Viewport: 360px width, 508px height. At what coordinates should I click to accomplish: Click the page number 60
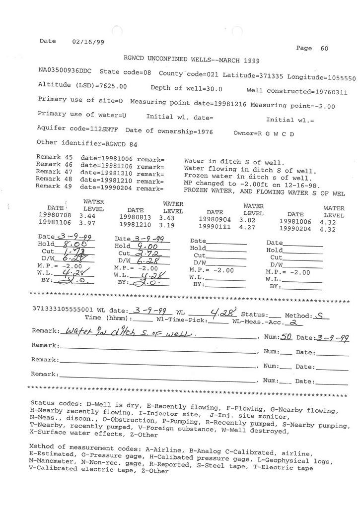click(x=324, y=49)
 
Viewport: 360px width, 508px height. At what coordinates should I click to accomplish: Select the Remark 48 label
click(x=55, y=179)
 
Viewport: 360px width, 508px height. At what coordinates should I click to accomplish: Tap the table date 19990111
click(x=215, y=227)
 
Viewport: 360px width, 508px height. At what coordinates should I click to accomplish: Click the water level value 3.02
click(x=247, y=220)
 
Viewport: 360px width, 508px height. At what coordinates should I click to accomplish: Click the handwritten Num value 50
click(x=286, y=336)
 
